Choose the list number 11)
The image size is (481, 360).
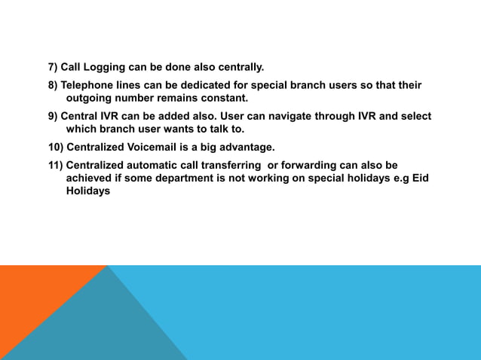point(56,165)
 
